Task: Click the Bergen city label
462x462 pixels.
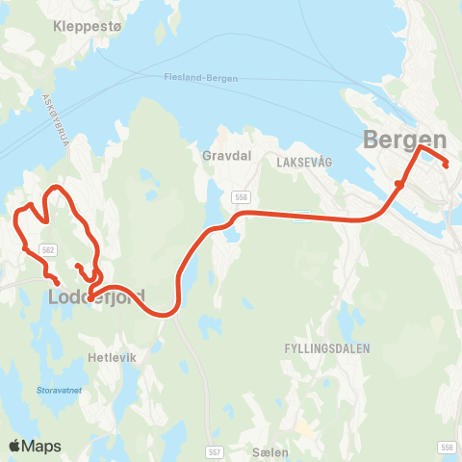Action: pos(405,140)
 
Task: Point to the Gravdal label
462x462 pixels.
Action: pos(224,154)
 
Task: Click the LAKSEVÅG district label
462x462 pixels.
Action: pos(302,163)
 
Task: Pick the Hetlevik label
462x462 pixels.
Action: pos(108,354)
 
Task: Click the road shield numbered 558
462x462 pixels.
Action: pos(240,196)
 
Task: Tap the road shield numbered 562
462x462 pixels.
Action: pos(46,249)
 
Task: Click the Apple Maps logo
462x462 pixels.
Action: pos(35,446)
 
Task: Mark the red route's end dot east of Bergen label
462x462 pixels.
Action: pos(447,166)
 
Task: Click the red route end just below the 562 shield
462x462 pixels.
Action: pos(58,280)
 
